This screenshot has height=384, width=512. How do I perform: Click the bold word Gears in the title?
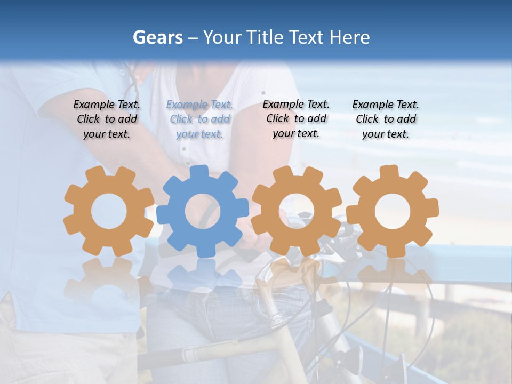coord(157,37)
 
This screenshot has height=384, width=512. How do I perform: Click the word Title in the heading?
coord(264,37)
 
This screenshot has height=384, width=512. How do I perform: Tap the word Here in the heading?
coord(350,37)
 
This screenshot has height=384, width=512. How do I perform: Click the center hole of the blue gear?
coord(203,212)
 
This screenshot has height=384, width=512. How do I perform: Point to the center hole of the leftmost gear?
coord(109,212)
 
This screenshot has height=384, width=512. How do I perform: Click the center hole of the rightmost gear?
coord(393,211)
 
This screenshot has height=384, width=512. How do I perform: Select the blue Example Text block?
coord(199,119)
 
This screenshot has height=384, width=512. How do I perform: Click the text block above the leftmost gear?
coord(107,119)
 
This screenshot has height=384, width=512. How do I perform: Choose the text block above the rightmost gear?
coord(386,119)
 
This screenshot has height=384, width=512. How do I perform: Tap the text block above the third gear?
coord(296,119)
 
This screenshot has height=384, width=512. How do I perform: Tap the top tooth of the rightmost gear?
coord(389,172)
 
